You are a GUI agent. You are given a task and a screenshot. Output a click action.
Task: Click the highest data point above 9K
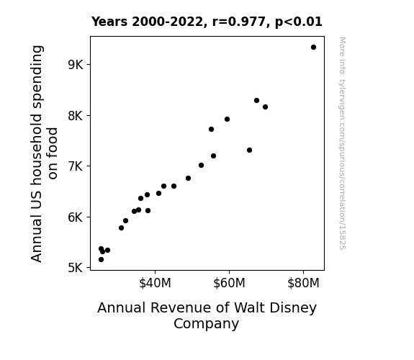tap(313, 48)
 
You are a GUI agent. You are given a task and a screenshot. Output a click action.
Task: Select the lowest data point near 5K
tap(101, 260)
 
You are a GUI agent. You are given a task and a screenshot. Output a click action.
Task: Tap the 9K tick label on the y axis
tap(76, 65)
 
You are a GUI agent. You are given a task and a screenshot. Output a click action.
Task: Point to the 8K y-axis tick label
tap(76, 116)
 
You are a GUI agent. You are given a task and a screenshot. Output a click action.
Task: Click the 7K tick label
tap(76, 166)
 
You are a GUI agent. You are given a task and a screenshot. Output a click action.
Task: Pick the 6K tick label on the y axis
tap(76, 217)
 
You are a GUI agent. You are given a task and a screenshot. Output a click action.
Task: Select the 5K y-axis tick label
tap(76, 268)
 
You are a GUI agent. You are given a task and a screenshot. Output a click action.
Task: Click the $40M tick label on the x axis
tap(155, 283)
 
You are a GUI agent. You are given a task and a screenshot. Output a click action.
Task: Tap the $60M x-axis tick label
tap(229, 283)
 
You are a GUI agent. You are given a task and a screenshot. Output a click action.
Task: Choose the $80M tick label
tap(303, 283)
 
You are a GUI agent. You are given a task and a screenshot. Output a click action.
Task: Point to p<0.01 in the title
tap(299, 22)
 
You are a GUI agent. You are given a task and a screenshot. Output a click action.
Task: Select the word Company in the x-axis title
tap(206, 324)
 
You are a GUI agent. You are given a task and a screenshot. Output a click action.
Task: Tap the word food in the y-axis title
tap(53, 153)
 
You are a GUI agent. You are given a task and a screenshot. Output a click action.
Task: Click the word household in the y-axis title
tap(37, 149)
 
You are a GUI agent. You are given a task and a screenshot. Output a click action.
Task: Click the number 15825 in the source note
tap(342, 238)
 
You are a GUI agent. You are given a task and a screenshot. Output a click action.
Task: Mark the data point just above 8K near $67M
tap(256, 100)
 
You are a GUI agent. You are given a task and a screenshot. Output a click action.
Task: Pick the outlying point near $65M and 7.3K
tap(249, 150)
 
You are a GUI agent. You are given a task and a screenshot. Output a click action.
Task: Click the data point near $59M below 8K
tap(227, 119)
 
